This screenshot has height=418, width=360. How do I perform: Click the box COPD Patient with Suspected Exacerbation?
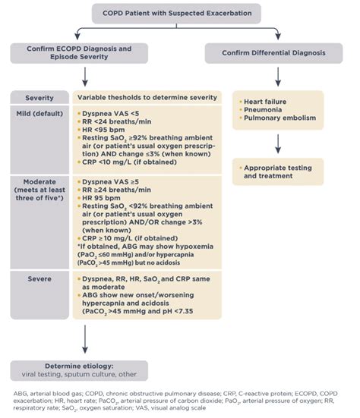click(x=176, y=14)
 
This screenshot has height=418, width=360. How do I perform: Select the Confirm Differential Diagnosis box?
click(x=273, y=53)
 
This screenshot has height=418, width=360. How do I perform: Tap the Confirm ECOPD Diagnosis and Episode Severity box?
click(x=79, y=53)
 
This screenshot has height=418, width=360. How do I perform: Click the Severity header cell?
click(x=39, y=98)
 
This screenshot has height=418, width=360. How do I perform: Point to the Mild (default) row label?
click(x=39, y=114)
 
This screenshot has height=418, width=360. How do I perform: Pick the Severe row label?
click(x=39, y=279)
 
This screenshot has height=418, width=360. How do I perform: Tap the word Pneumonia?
click(x=263, y=110)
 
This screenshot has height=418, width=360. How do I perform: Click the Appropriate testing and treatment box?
click(x=278, y=171)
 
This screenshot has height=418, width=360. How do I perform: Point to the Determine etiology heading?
click(x=79, y=366)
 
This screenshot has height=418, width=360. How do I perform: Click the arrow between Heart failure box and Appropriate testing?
click(x=278, y=143)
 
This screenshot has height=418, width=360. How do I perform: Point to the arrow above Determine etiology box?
click(x=85, y=339)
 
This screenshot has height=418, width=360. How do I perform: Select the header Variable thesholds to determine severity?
click(x=147, y=98)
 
